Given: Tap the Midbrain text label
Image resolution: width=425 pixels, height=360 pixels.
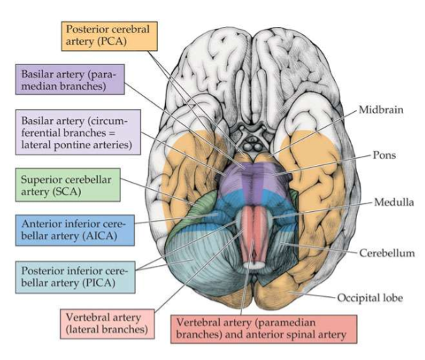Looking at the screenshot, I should (378, 109).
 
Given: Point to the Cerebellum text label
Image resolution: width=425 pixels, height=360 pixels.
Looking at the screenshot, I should (386, 252).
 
